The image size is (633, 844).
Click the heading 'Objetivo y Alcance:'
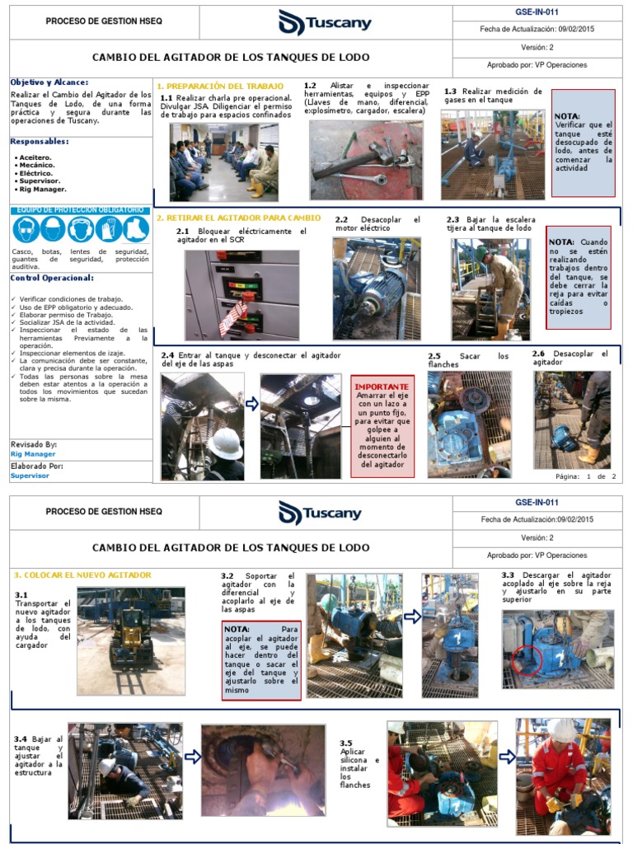[49, 82]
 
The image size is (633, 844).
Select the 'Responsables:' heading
[40, 141]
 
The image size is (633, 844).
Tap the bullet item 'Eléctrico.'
[35, 173]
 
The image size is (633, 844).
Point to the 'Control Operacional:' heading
[52, 278]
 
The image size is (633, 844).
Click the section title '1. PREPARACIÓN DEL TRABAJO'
[220, 86]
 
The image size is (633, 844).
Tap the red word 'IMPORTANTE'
[382, 386]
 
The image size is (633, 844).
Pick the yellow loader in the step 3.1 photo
[132, 640]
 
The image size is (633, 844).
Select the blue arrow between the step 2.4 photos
[252, 404]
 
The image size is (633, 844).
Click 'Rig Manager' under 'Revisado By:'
[33, 454]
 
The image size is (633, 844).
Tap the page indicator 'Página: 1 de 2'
[586, 476]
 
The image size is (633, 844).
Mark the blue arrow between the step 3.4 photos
[192, 756]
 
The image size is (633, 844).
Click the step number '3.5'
[346, 743]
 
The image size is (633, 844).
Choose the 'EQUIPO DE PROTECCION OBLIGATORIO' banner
[81, 210]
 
